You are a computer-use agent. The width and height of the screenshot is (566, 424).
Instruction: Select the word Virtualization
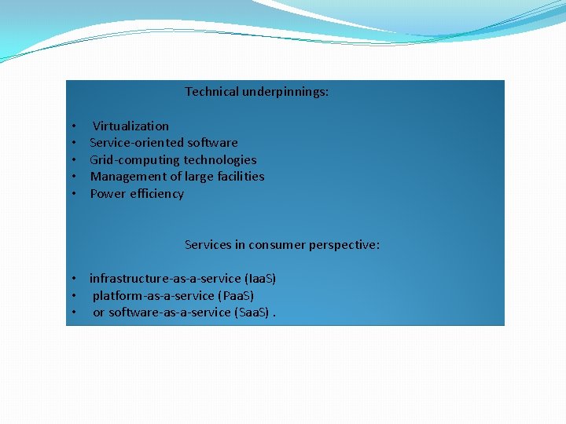click(130, 126)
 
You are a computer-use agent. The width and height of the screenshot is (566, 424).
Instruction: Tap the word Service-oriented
click(137, 143)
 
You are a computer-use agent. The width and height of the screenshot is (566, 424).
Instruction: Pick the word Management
click(127, 177)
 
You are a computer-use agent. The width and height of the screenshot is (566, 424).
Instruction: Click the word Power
click(107, 194)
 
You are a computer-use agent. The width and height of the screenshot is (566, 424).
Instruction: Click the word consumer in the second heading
click(274, 245)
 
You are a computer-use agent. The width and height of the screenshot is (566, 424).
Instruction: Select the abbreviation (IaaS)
click(260, 279)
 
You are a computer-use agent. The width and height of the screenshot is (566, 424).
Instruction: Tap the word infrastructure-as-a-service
click(165, 279)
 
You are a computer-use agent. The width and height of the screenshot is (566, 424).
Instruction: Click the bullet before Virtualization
click(72, 126)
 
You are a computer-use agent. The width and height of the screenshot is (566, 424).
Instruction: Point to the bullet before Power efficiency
click(72, 194)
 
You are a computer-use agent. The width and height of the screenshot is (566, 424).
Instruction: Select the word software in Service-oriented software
click(212, 143)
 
